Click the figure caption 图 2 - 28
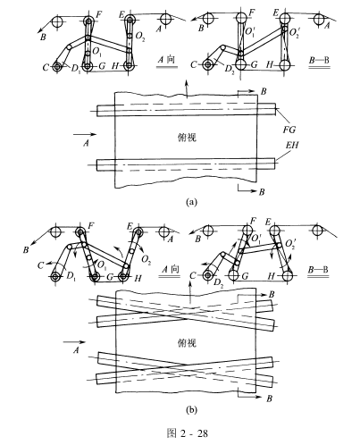click(188, 432)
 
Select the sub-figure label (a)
click(191, 202)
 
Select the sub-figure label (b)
click(191, 410)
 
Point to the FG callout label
click(289, 130)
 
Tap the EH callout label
click(292, 145)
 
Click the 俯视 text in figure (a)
click(187, 138)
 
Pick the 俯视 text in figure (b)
click(187, 343)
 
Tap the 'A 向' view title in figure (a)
click(166, 60)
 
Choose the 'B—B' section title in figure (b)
click(318, 270)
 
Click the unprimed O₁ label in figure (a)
click(97, 52)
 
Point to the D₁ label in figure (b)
click(71, 276)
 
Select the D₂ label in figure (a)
click(230, 69)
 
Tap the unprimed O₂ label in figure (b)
click(146, 260)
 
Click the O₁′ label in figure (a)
click(249, 31)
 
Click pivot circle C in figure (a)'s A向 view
click(56, 67)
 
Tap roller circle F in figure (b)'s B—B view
click(247, 230)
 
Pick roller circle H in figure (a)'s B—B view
click(285, 64)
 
